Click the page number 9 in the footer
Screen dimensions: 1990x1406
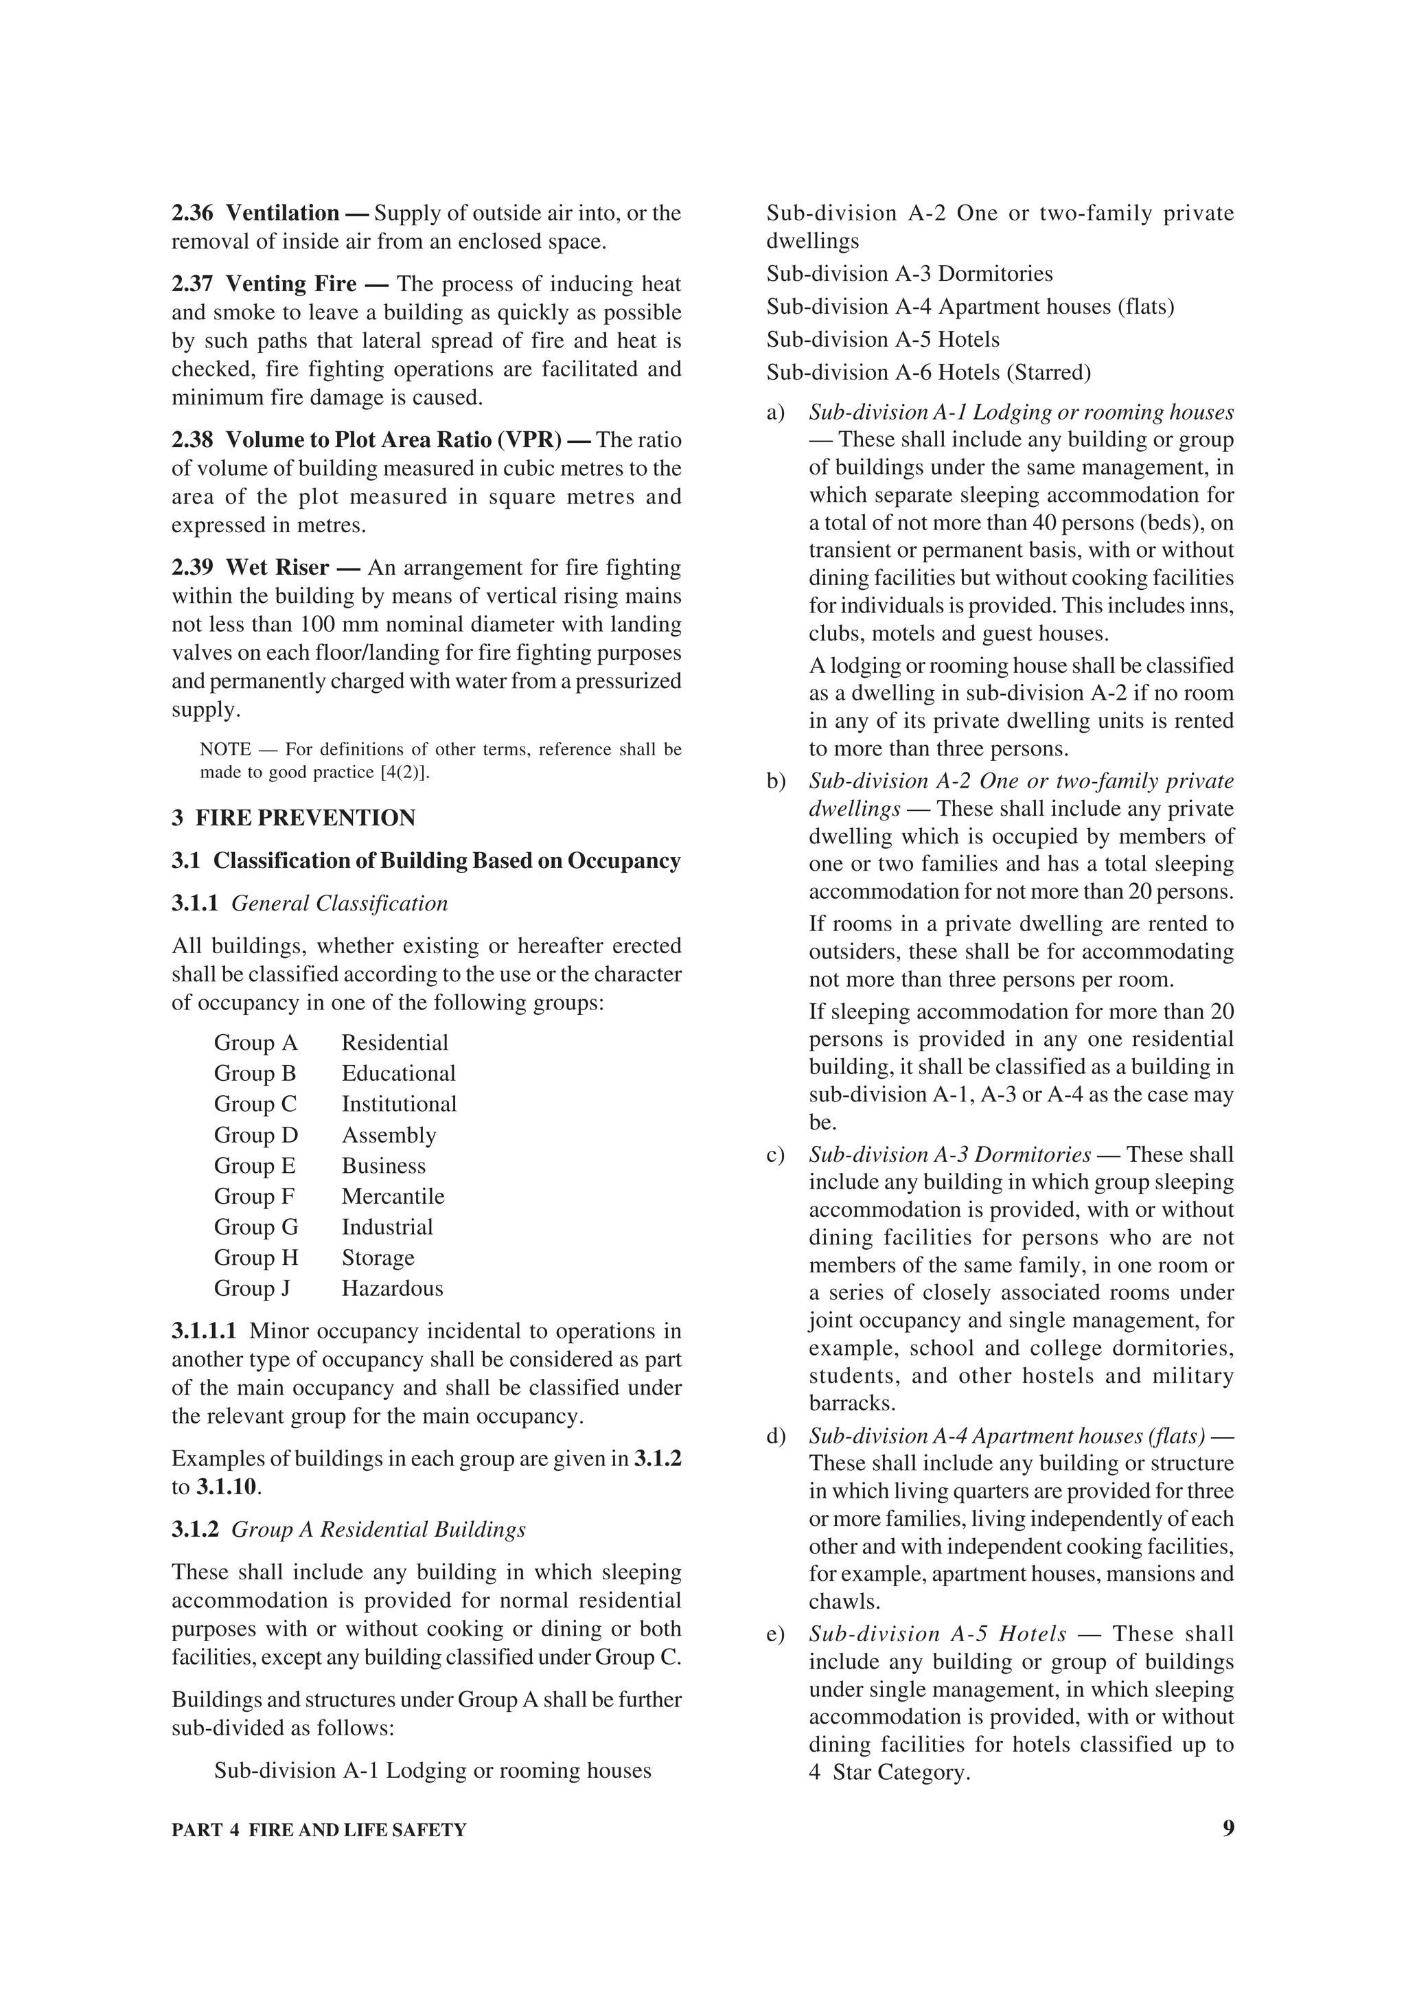1227,1828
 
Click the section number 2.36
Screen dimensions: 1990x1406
192,213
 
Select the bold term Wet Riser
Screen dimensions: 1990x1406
277,568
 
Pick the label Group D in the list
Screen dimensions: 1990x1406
255,1134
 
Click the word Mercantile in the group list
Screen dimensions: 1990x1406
393,1196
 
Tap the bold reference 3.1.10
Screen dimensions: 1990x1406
228,1487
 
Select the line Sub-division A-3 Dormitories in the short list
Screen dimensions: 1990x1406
909,274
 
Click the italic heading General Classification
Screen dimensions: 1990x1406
340,903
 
